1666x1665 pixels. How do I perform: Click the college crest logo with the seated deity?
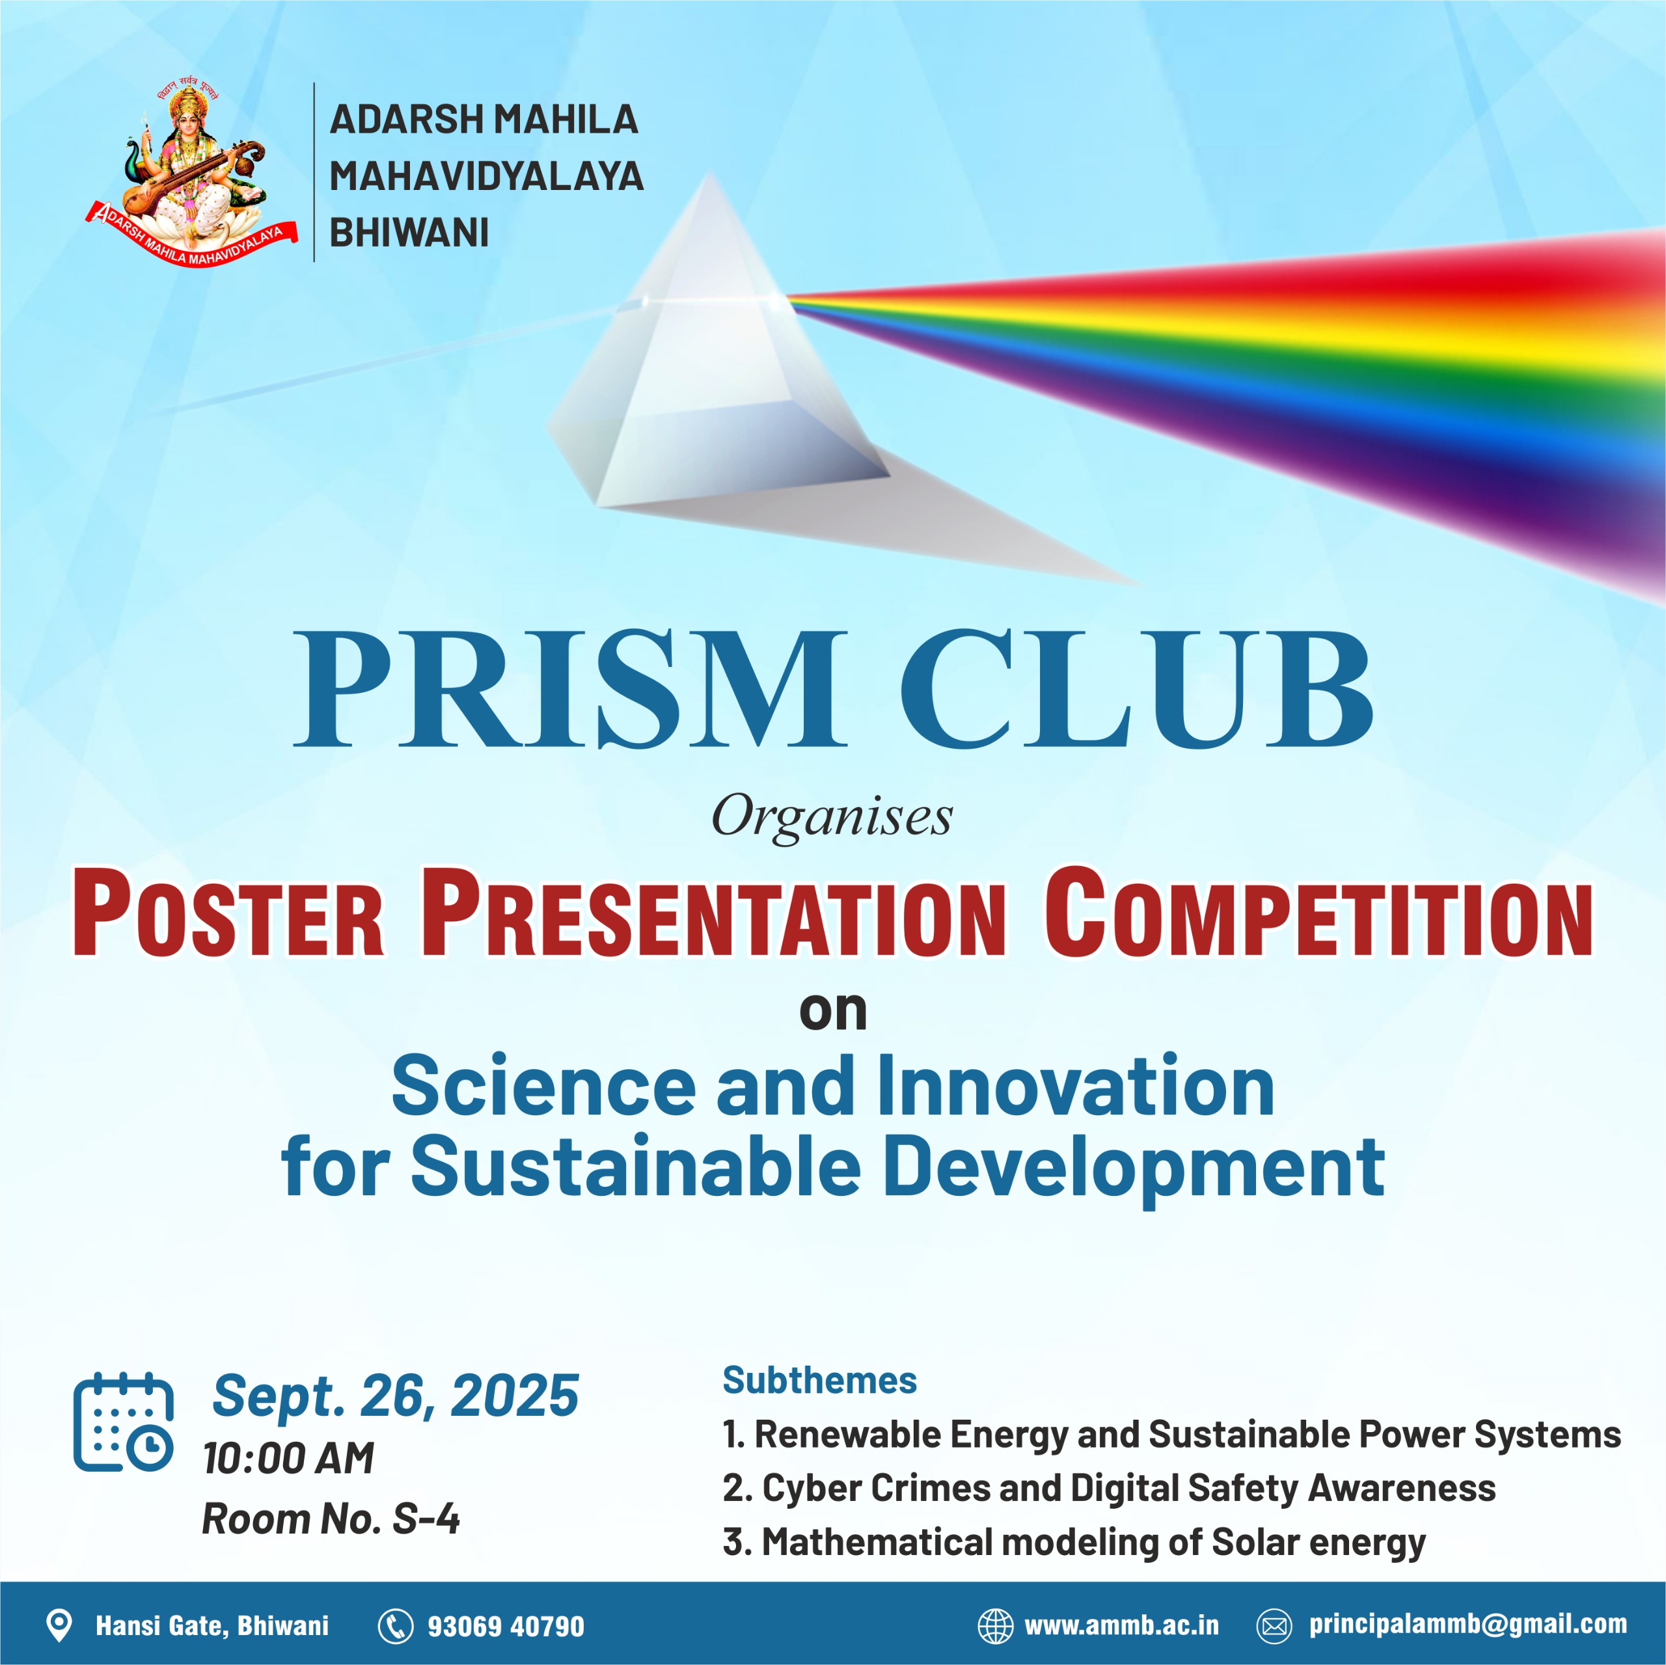(x=191, y=172)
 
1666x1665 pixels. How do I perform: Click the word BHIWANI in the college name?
(x=409, y=233)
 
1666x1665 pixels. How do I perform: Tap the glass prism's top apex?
(x=709, y=177)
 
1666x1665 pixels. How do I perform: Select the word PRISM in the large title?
(x=569, y=690)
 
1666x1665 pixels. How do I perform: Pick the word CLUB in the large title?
(x=1136, y=690)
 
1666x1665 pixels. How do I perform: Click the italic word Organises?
(x=832, y=817)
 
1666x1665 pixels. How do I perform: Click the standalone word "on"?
(x=833, y=1010)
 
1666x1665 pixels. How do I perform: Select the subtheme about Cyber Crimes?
(x=1109, y=1487)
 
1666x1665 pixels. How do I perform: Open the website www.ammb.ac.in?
(x=1121, y=1625)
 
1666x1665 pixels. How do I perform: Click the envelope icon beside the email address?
(x=1274, y=1625)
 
